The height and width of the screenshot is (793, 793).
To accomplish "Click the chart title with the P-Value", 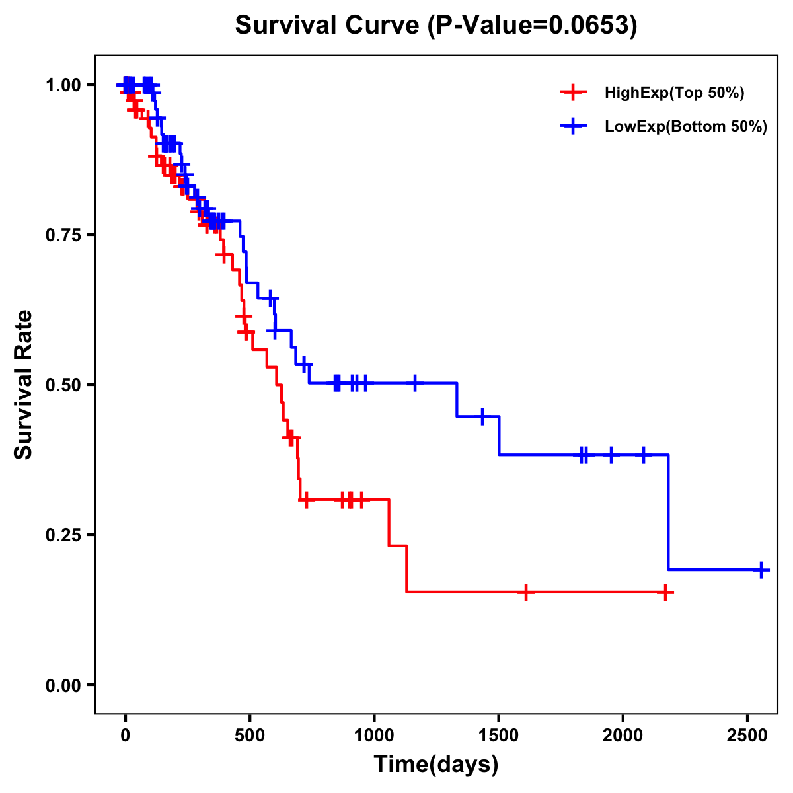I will (x=436, y=25).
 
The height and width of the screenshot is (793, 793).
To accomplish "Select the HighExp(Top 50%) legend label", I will (x=674, y=93).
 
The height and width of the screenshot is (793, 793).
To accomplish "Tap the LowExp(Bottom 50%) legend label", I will (x=686, y=127).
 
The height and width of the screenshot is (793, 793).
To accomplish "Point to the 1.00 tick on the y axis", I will (x=63, y=85).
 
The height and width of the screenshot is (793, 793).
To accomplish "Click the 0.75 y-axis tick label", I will (x=63, y=235).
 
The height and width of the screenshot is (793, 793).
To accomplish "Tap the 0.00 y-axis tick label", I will (x=63, y=685).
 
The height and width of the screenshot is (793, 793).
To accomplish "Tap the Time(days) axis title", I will (x=436, y=765).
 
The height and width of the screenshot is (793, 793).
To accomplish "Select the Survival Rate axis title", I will (x=24, y=385).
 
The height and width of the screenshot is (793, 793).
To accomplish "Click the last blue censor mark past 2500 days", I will (x=761, y=570).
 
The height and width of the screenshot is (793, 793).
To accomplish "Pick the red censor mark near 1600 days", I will (x=525, y=592).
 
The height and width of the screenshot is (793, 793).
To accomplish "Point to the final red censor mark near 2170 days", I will (x=665, y=592).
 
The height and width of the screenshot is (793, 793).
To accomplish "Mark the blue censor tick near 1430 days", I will (x=482, y=416).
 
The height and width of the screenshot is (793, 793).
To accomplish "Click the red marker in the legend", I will (x=573, y=93).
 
